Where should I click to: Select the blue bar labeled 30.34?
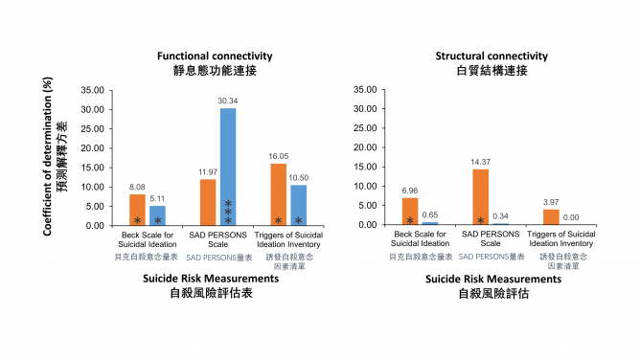(x=227, y=167)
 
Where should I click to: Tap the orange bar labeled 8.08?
(x=138, y=210)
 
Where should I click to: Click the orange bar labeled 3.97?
(x=550, y=216)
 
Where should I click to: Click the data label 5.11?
(x=158, y=198)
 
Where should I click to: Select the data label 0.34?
(x=500, y=216)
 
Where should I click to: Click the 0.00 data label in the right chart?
(x=571, y=217)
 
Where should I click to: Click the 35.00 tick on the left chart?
(x=93, y=90)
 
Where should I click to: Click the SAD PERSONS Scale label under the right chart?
(x=490, y=238)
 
